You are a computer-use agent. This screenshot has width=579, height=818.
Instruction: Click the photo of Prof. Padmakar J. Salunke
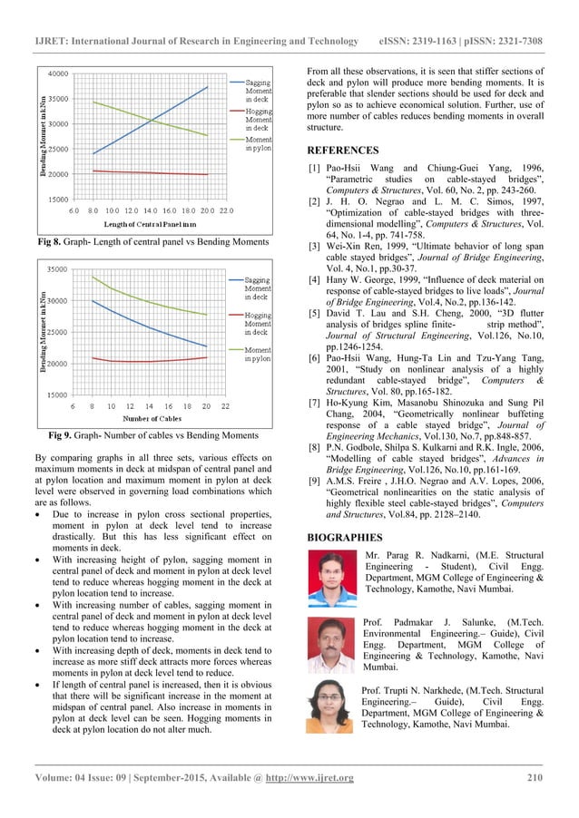click(332, 644)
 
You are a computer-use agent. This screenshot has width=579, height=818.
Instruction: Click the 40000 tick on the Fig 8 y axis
click(57, 73)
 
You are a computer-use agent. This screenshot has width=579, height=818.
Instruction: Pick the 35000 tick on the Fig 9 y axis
click(57, 269)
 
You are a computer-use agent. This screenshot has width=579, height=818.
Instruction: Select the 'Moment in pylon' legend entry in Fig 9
click(259, 354)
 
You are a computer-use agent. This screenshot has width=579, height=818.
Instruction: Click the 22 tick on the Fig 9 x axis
click(225, 406)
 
